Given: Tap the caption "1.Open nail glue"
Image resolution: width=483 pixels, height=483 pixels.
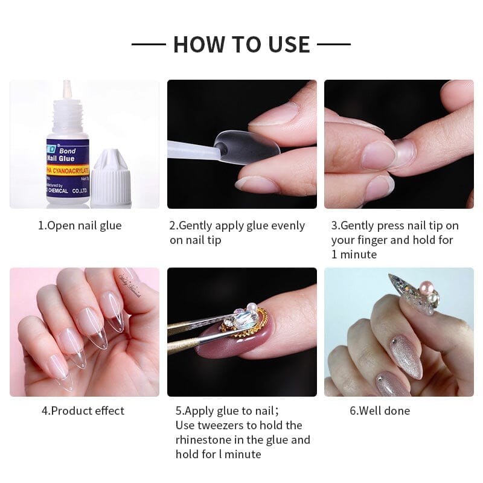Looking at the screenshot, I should [80, 226].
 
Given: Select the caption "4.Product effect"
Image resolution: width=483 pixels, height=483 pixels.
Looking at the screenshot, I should [83, 411].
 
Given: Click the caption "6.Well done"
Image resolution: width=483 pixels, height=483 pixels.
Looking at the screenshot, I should [380, 411].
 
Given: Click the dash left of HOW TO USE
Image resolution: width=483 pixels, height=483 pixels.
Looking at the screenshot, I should [149, 44].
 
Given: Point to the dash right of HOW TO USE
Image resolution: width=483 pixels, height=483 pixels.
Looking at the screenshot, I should [334, 44].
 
